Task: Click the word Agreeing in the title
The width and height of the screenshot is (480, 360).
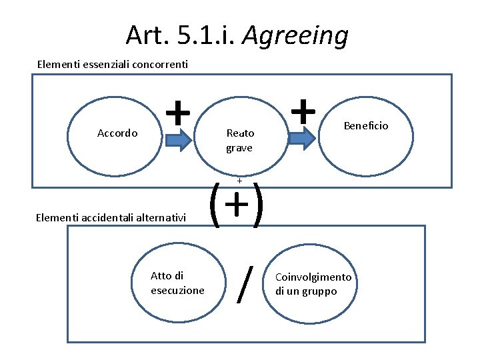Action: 295,36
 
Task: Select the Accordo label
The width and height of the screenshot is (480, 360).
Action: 117,133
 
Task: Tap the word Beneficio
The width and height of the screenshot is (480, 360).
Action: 366,125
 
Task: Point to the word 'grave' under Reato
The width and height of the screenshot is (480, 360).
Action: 239,148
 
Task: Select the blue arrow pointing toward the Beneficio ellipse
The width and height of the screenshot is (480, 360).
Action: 303,138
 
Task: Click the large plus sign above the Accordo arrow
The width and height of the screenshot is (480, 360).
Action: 177,112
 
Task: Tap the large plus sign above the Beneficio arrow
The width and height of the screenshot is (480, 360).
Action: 303,110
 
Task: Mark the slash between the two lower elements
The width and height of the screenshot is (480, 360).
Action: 246,284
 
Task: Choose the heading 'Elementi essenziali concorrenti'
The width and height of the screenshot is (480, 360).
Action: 113,65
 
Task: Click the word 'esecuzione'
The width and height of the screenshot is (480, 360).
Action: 178,291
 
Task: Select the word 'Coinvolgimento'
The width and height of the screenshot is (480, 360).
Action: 313,277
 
